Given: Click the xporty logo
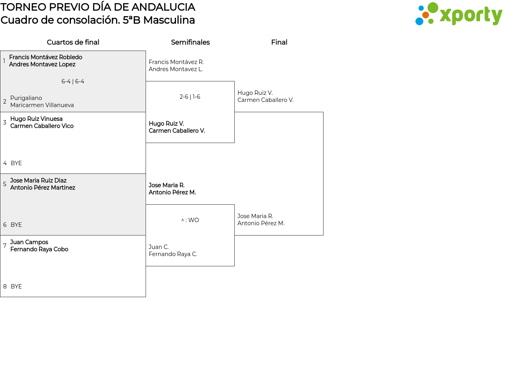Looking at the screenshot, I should point(458,14).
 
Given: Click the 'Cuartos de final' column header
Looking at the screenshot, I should point(73,42).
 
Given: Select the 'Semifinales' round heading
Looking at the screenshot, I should point(190,42).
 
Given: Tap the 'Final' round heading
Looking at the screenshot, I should point(279,42).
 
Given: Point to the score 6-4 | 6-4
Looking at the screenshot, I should point(73,81).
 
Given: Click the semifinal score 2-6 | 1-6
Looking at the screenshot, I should point(190,97).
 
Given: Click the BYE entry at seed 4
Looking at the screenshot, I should point(16,163).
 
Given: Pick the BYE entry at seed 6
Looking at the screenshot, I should point(16,225).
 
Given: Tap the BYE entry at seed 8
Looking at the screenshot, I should point(16,286).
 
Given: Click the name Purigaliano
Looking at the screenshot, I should point(26,98).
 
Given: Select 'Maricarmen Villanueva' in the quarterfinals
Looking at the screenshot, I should point(42,105).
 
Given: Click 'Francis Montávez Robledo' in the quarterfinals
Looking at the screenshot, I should point(45,57).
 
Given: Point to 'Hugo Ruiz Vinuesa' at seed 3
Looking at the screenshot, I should point(36,119).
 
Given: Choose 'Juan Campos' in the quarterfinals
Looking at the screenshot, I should point(29,242).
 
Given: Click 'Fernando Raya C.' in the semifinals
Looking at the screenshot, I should point(173,254).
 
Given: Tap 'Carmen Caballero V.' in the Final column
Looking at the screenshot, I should point(266,100).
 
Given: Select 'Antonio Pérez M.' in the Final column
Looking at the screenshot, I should point(261,223).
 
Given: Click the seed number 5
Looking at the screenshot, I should point(5,184).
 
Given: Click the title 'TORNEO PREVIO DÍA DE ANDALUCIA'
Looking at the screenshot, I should point(98,7).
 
